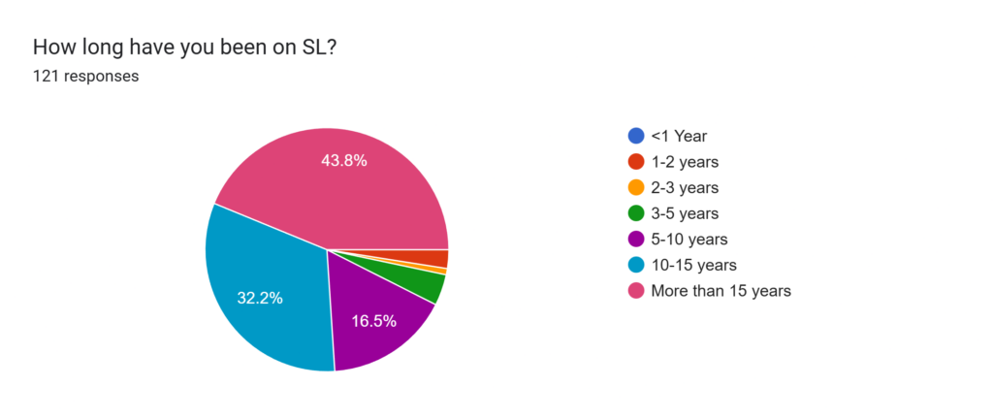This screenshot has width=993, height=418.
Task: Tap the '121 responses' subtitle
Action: click(x=85, y=76)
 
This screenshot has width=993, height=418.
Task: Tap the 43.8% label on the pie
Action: click(x=343, y=161)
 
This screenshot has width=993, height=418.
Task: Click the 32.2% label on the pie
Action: click(x=260, y=298)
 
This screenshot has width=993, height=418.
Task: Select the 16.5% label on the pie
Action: click(x=373, y=321)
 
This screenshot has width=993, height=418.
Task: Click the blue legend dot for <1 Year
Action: click(x=635, y=136)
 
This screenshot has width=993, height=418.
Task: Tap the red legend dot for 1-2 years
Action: click(x=635, y=162)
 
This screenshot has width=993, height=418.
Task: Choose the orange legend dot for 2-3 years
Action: click(x=635, y=187)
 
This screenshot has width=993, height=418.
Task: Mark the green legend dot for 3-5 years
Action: click(x=635, y=213)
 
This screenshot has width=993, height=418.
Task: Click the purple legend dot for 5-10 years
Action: click(x=635, y=239)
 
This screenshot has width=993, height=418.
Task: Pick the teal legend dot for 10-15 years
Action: click(x=635, y=265)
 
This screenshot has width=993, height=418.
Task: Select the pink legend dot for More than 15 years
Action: click(x=635, y=290)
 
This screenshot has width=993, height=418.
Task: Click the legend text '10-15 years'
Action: click(x=694, y=265)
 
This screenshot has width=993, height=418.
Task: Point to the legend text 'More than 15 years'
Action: click(x=721, y=290)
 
